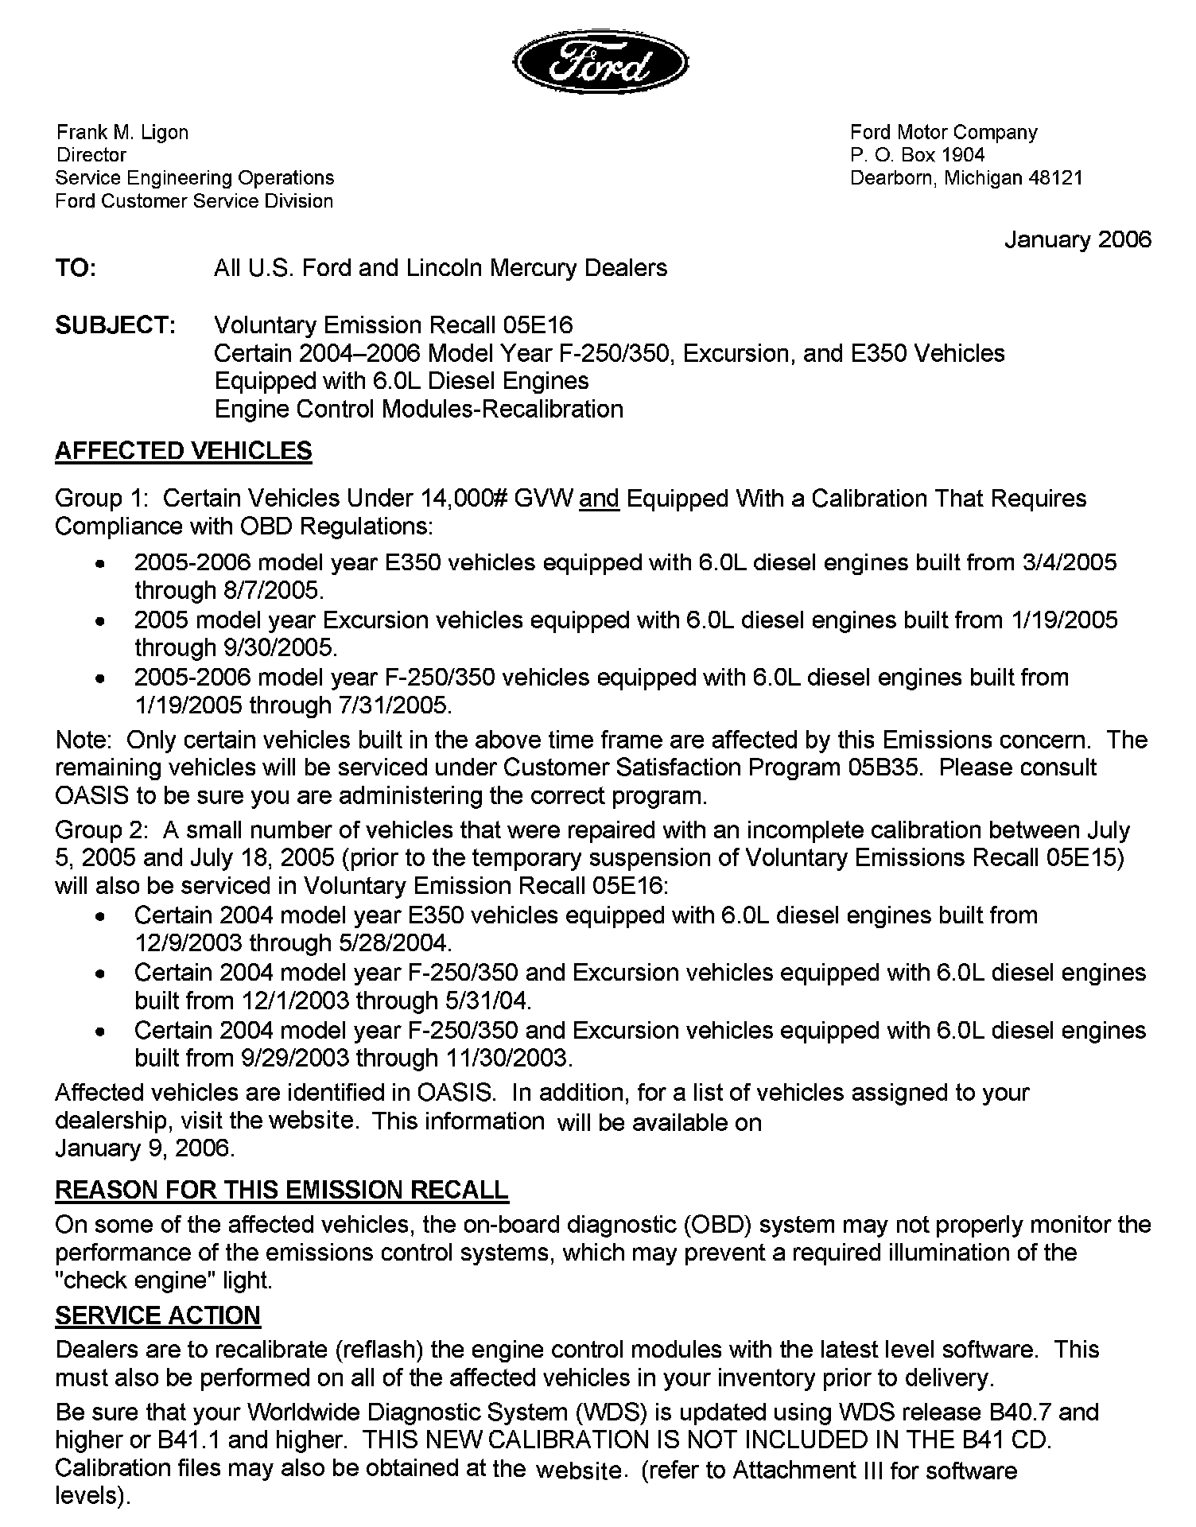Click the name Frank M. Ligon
[122, 133]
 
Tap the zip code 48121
[1055, 178]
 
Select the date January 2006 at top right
[1078, 240]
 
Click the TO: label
[76, 269]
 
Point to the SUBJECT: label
[115, 326]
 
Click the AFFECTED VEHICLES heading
[184, 451]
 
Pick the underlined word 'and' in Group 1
[600, 499]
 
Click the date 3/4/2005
[1066, 563]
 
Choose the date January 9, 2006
[145, 1149]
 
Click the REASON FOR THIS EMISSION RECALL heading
[282, 1191]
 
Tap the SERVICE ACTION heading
[157, 1316]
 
